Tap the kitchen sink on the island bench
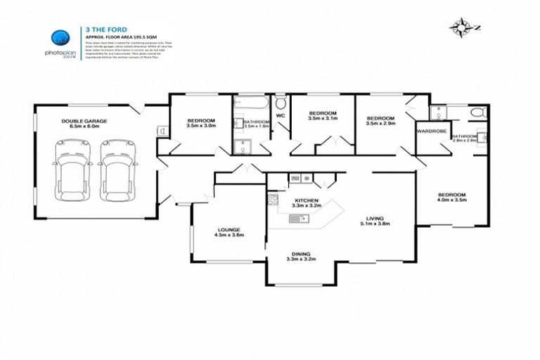[x=296, y=220]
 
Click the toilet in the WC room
[x=281, y=102]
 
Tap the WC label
[x=280, y=115]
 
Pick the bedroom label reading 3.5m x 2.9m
[x=380, y=120]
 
